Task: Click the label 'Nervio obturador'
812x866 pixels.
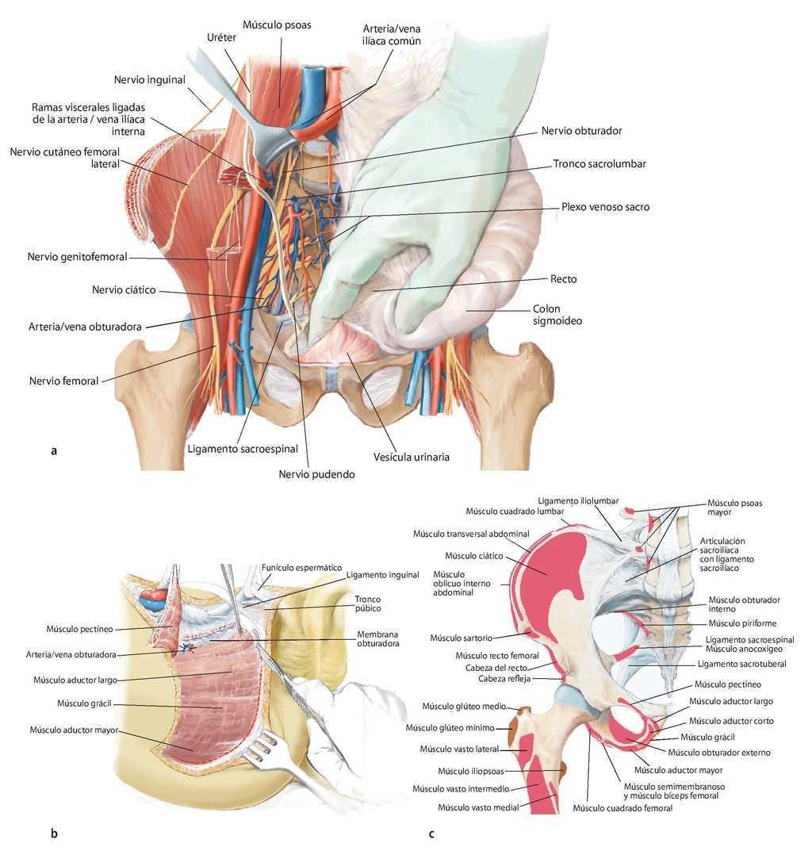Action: click(582, 131)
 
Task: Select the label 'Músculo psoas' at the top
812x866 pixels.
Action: click(277, 25)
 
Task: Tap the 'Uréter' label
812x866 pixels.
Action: click(221, 38)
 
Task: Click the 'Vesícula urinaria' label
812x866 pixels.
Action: click(412, 457)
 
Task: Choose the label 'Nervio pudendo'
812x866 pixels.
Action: click(316, 474)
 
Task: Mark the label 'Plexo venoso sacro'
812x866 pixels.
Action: click(605, 206)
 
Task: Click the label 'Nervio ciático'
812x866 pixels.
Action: click(124, 289)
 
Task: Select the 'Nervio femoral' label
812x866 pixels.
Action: click(63, 381)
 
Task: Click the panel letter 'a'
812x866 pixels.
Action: click(53, 451)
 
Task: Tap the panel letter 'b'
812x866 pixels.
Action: click(54, 833)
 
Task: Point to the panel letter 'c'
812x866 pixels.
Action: click(431, 833)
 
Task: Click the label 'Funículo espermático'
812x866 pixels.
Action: click(301, 568)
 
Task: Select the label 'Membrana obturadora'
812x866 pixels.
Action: click(378, 639)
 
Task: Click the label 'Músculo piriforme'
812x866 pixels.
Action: click(742, 623)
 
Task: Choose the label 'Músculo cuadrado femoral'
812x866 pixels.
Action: click(622, 808)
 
